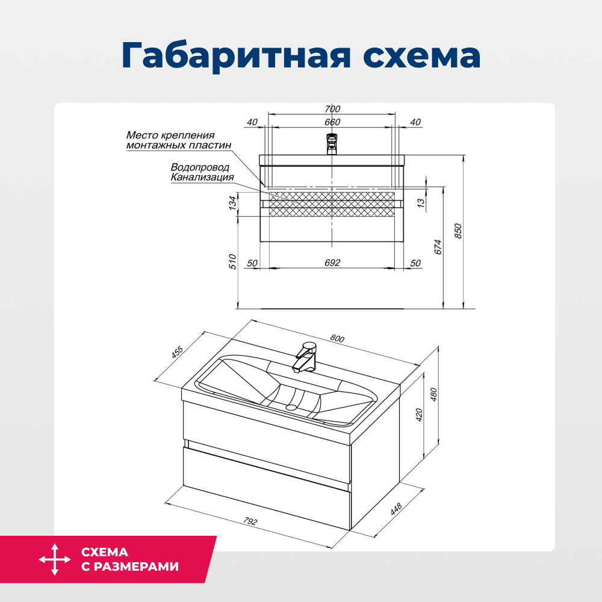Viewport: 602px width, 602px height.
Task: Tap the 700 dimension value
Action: coord(332,109)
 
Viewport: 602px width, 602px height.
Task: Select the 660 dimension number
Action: coord(332,122)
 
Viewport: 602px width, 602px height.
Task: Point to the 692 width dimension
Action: coord(332,263)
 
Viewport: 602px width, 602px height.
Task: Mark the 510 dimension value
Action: coord(234,261)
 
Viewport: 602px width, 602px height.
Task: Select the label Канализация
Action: coord(202,178)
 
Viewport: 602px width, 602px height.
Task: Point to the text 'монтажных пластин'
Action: coord(178,145)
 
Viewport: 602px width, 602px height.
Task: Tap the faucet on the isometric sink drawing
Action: coord(305,358)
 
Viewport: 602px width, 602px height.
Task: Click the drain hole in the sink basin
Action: coord(292,408)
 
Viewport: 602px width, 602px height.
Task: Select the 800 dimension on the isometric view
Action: coord(337,339)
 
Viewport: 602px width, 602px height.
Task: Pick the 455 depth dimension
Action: coord(177,352)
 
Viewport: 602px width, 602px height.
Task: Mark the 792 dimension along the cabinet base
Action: coord(249,521)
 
